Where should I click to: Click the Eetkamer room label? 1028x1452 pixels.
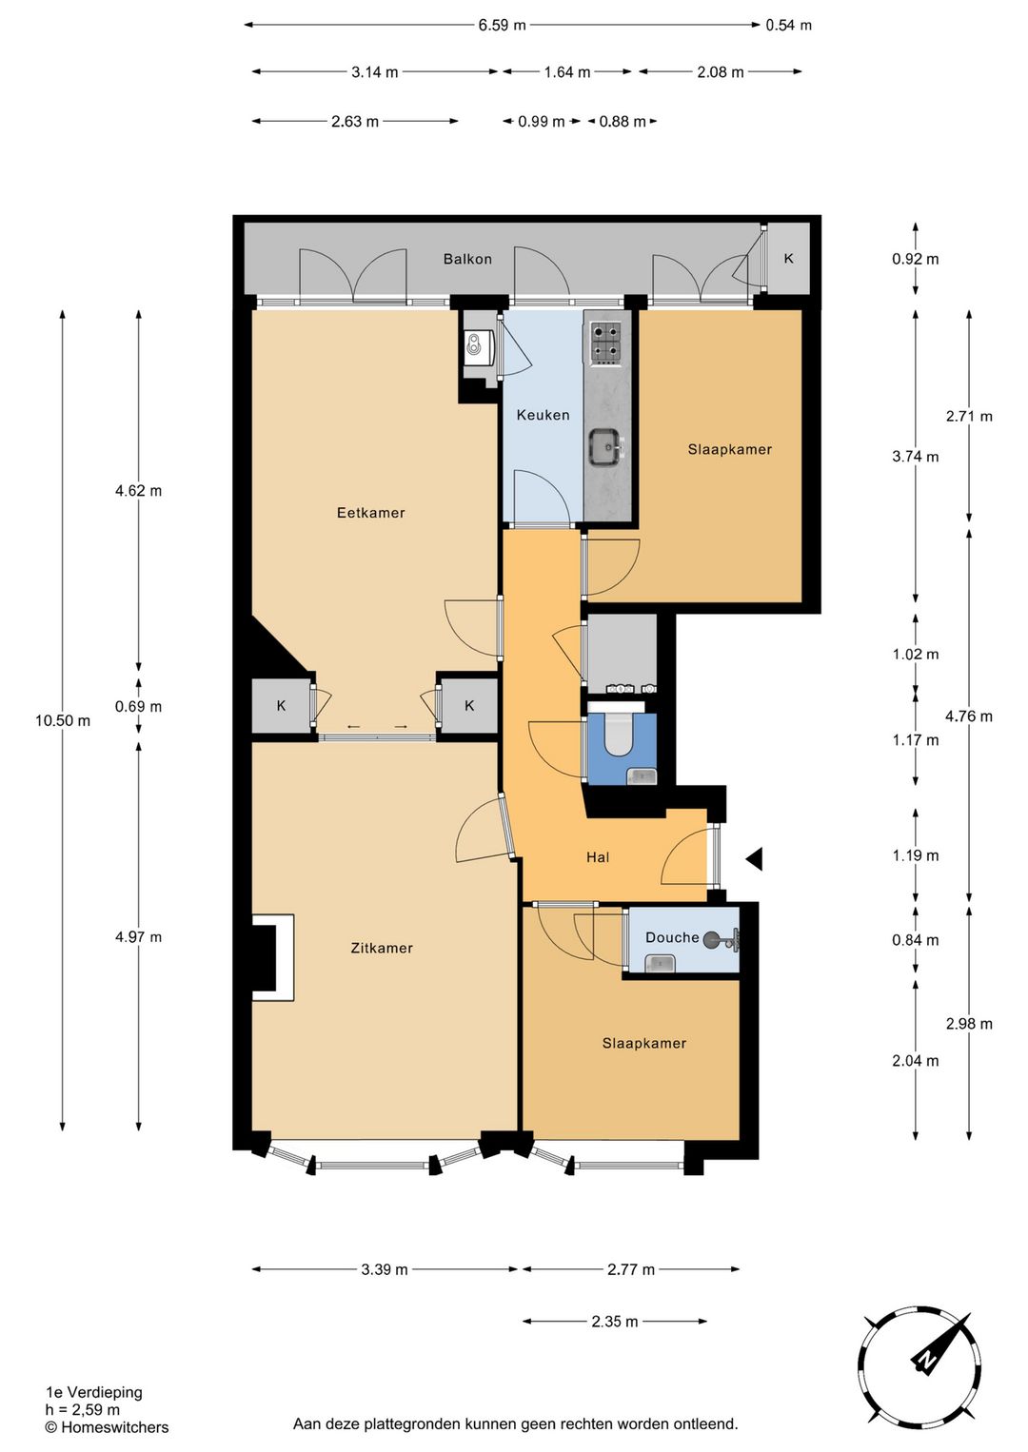pyautogui.click(x=370, y=513)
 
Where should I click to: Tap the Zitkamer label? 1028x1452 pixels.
pyautogui.click(x=382, y=948)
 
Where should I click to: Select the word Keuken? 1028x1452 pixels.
pyautogui.click(x=543, y=415)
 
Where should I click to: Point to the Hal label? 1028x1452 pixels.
pyautogui.click(x=598, y=857)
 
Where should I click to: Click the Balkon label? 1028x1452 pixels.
pyautogui.click(x=467, y=259)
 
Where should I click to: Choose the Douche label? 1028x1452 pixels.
pyautogui.click(x=672, y=937)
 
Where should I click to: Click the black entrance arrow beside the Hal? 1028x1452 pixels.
pyautogui.click(x=754, y=859)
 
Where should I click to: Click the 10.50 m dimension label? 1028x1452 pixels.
pyautogui.click(x=63, y=721)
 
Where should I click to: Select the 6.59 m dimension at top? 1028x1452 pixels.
pyautogui.click(x=502, y=26)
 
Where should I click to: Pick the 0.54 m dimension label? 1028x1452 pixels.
pyautogui.click(x=789, y=26)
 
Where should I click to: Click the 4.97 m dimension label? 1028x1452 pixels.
pyautogui.click(x=138, y=936)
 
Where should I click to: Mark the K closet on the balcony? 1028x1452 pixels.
pyautogui.click(x=789, y=259)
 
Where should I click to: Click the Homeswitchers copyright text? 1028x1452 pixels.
pyautogui.click(x=107, y=1427)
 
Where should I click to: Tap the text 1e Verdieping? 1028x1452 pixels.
pyautogui.click(x=94, y=1392)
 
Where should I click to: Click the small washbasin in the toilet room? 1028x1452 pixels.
pyautogui.click(x=642, y=775)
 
